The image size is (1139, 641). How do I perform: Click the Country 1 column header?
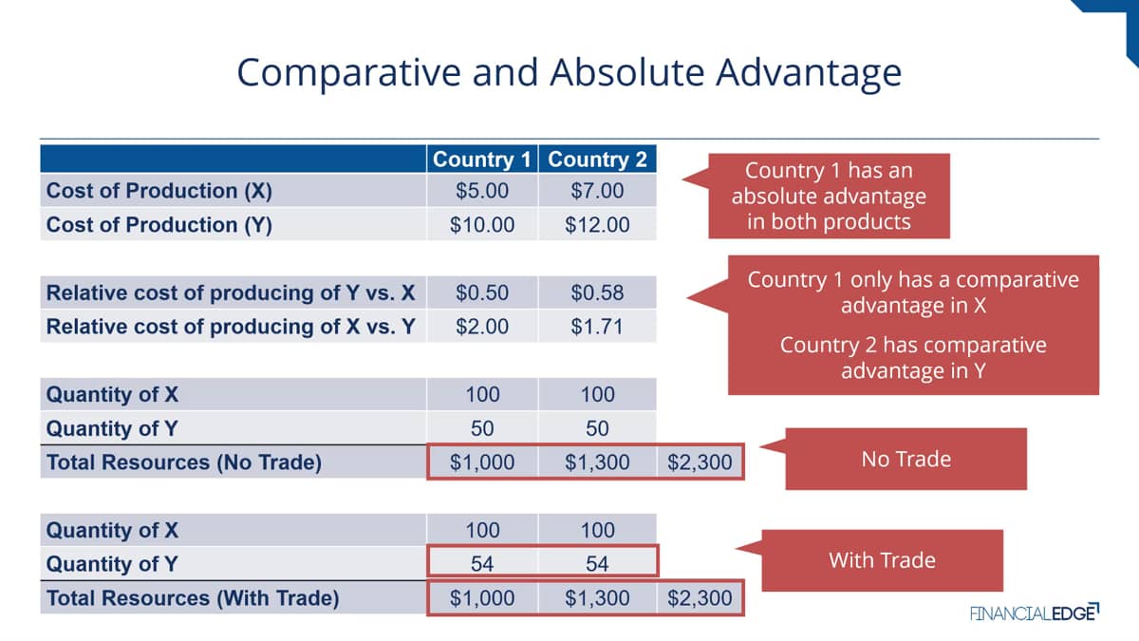point(481,160)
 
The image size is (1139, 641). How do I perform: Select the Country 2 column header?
point(597,160)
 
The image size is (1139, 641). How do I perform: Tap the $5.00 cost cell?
point(481,191)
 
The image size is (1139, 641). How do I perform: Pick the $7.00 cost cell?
point(597,191)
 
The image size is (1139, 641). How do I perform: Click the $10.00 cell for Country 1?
point(481,224)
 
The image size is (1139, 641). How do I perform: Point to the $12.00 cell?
point(597,224)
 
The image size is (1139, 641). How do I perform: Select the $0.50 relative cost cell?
point(481,292)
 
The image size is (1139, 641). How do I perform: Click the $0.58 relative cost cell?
point(597,292)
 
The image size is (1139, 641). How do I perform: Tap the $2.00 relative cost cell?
point(481,326)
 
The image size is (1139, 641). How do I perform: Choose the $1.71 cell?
point(597,326)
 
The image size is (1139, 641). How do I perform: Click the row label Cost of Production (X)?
point(159,191)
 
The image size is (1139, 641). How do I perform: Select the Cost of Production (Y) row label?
point(159,224)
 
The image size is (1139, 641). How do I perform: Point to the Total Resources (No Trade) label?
point(183,462)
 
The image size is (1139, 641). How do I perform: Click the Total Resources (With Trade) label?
point(192,597)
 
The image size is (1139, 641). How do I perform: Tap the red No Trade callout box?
point(906,459)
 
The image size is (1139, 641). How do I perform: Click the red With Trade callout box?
point(882,560)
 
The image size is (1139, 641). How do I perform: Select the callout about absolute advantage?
point(829,196)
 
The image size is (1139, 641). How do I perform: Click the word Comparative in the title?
point(348,73)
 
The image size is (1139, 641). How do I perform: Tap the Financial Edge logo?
point(1035,613)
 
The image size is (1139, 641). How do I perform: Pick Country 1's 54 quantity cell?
point(481,564)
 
